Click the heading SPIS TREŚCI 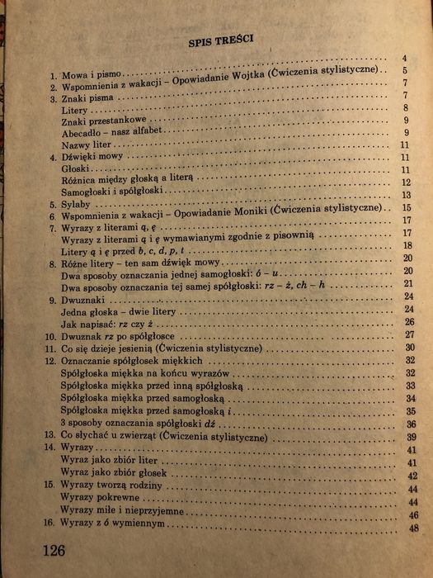[x=219, y=39]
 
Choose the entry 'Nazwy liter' [x=86, y=144]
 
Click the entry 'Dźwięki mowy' [x=94, y=156]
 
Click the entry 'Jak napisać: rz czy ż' [x=108, y=325]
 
